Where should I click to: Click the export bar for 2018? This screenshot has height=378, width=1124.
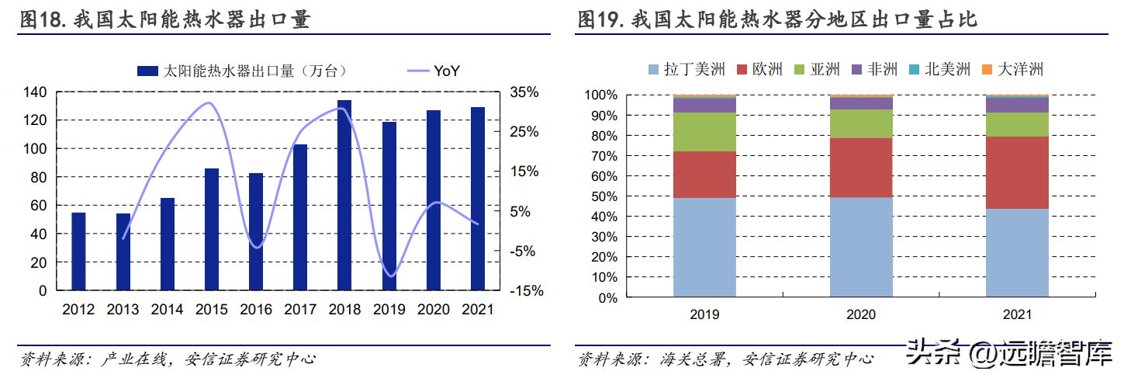[x=344, y=195]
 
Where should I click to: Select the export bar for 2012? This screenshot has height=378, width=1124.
[x=78, y=251]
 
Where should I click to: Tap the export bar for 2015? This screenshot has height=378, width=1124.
[x=211, y=229]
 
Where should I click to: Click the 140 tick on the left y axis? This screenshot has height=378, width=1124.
[x=36, y=92]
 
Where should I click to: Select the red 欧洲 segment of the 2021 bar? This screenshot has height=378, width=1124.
[x=1017, y=172]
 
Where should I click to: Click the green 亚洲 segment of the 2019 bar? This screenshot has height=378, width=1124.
[x=704, y=132]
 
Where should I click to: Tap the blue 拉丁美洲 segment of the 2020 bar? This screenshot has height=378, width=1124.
[x=861, y=247]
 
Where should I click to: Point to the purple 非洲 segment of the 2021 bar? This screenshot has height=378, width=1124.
[x=1017, y=105]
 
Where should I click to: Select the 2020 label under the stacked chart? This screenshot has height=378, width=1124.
[x=861, y=315]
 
